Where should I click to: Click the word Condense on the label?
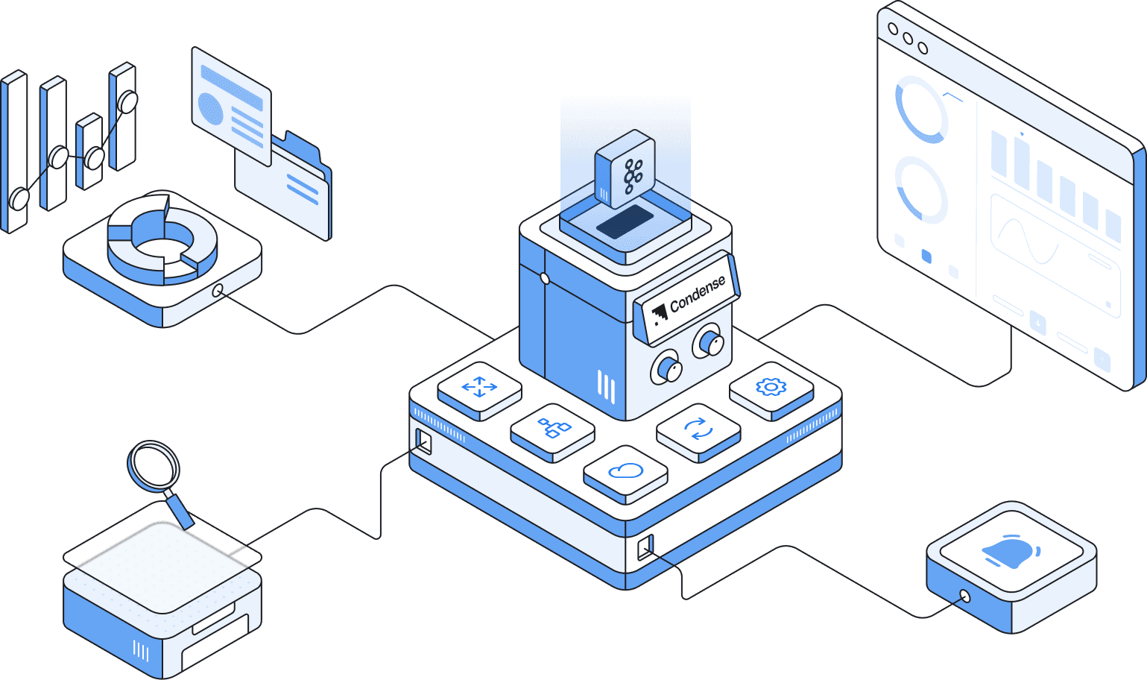(x=698, y=294)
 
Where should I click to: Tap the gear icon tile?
(x=771, y=386)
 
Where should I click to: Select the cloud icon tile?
(x=625, y=471)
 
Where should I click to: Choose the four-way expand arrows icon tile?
(x=479, y=386)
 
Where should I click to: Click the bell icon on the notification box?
(x=1011, y=552)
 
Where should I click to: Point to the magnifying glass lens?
(x=154, y=465)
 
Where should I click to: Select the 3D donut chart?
(x=162, y=239)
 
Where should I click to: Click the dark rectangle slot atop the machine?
(x=625, y=222)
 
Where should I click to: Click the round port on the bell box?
(x=965, y=596)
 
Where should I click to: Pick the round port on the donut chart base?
(x=218, y=290)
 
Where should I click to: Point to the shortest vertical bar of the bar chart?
(x=89, y=152)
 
